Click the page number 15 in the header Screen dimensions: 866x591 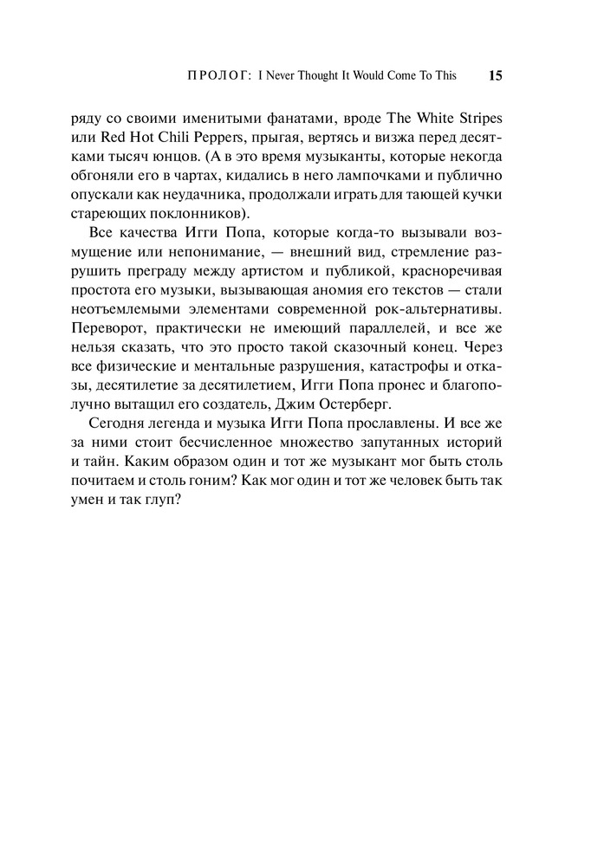pos(495,75)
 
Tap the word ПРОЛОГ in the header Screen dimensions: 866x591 pos(218,75)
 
